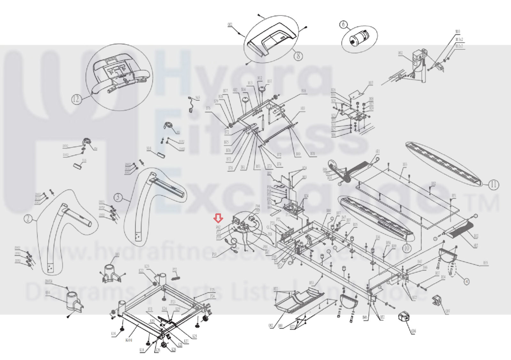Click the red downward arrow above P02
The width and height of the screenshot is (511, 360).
[x=218, y=218]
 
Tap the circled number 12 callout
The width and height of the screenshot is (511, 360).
[x=76, y=99]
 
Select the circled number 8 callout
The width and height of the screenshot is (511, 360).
[x=298, y=56]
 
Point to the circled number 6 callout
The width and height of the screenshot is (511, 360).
[x=344, y=25]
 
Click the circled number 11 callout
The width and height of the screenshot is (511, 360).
[x=494, y=184]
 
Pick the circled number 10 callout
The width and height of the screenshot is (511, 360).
[x=406, y=248]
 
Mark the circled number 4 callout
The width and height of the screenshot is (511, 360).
[x=467, y=282]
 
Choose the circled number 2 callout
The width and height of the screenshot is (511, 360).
[x=28, y=219]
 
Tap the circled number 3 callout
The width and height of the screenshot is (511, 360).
[x=118, y=197]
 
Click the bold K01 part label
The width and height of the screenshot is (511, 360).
[x=129, y=340]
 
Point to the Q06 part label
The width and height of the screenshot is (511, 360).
[x=414, y=331]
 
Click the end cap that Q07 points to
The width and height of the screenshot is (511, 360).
[x=437, y=301]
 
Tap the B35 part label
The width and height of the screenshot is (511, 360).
[x=485, y=263]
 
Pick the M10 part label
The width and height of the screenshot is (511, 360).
[x=458, y=32]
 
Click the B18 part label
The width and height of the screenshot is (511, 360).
[x=303, y=91]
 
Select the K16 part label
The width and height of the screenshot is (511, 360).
[x=113, y=334]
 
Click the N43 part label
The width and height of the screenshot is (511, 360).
[x=197, y=98]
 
